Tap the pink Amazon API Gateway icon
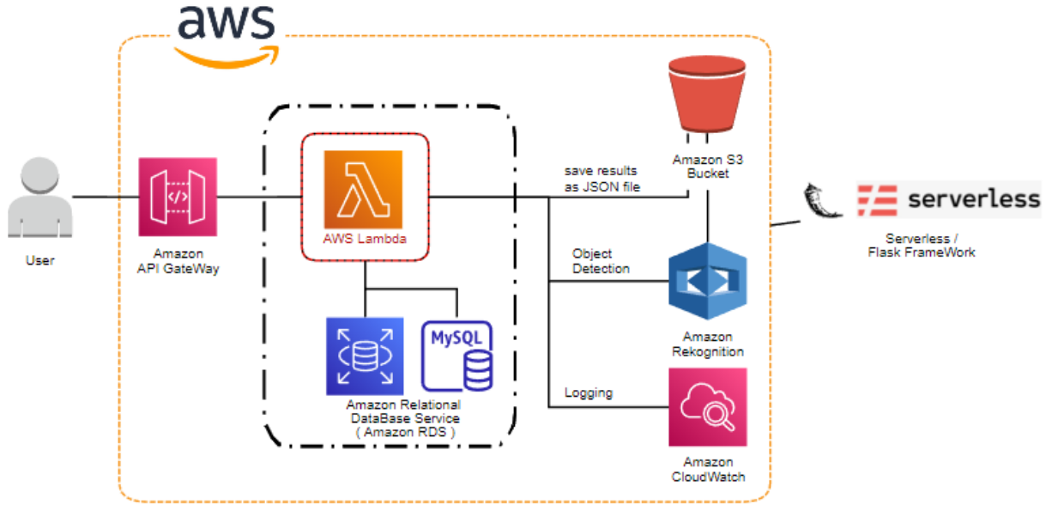coord(178,197)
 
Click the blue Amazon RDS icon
coord(365,356)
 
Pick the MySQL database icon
coord(457,356)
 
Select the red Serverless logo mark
coord(876,200)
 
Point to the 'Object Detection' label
coord(601,261)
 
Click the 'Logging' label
coord(589,392)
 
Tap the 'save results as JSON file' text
coord(602,179)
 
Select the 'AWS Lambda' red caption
coord(365,239)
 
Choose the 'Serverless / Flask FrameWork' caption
coord(921,246)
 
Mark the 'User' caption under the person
coord(39,260)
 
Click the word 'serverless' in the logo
coord(973,200)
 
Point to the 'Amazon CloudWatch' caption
coord(708,469)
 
